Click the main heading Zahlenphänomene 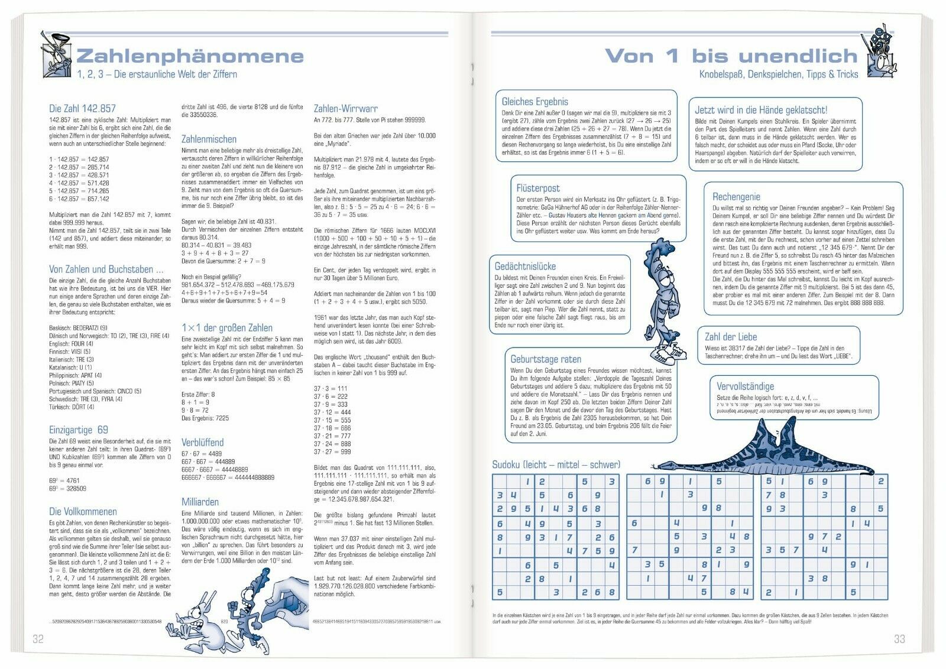click(x=190, y=56)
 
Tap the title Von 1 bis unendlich click(x=731, y=56)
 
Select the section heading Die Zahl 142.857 click(x=82, y=109)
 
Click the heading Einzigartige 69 click(x=79, y=430)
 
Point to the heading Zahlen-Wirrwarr click(x=345, y=109)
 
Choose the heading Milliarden click(x=200, y=502)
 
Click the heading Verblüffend click(x=202, y=442)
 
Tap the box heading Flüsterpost click(x=538, y=189)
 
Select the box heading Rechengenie click(x=736, y=197)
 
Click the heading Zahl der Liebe click(x=731, y=337)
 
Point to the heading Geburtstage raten click(x=546, y=359)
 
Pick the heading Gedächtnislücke click(x=525, y=267)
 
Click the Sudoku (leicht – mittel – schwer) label click(x=556, y=465)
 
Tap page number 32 click(x=38, y=639)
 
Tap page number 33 click(x=899, y=639)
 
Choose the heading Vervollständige click(x=745, y=386)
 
